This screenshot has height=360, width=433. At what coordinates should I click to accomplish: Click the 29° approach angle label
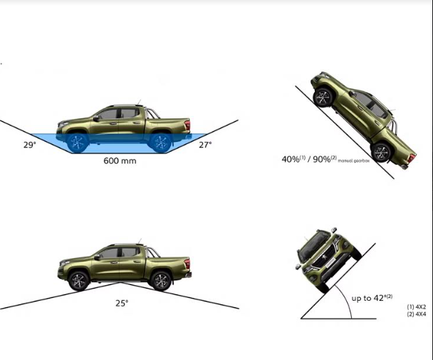click(x=30, y=145)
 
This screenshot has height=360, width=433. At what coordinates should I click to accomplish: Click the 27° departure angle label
click(x=205, y=145)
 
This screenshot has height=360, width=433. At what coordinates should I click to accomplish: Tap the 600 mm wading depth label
click(x=120, y=160)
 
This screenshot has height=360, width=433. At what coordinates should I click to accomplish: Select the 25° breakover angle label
click(x=122, y=303)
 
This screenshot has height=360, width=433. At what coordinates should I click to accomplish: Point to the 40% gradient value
click(x=291, y=159)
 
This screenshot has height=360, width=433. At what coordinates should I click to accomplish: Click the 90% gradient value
click(x=322, y=159)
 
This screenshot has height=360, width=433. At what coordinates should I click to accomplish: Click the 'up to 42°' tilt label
click(x=372, y=298)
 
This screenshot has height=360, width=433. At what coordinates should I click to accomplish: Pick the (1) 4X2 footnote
click(x=417, y=307)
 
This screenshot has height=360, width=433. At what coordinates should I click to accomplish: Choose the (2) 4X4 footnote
click(x=417, y=314)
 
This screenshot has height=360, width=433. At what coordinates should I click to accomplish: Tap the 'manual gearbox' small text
click(x=353, y=160)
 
